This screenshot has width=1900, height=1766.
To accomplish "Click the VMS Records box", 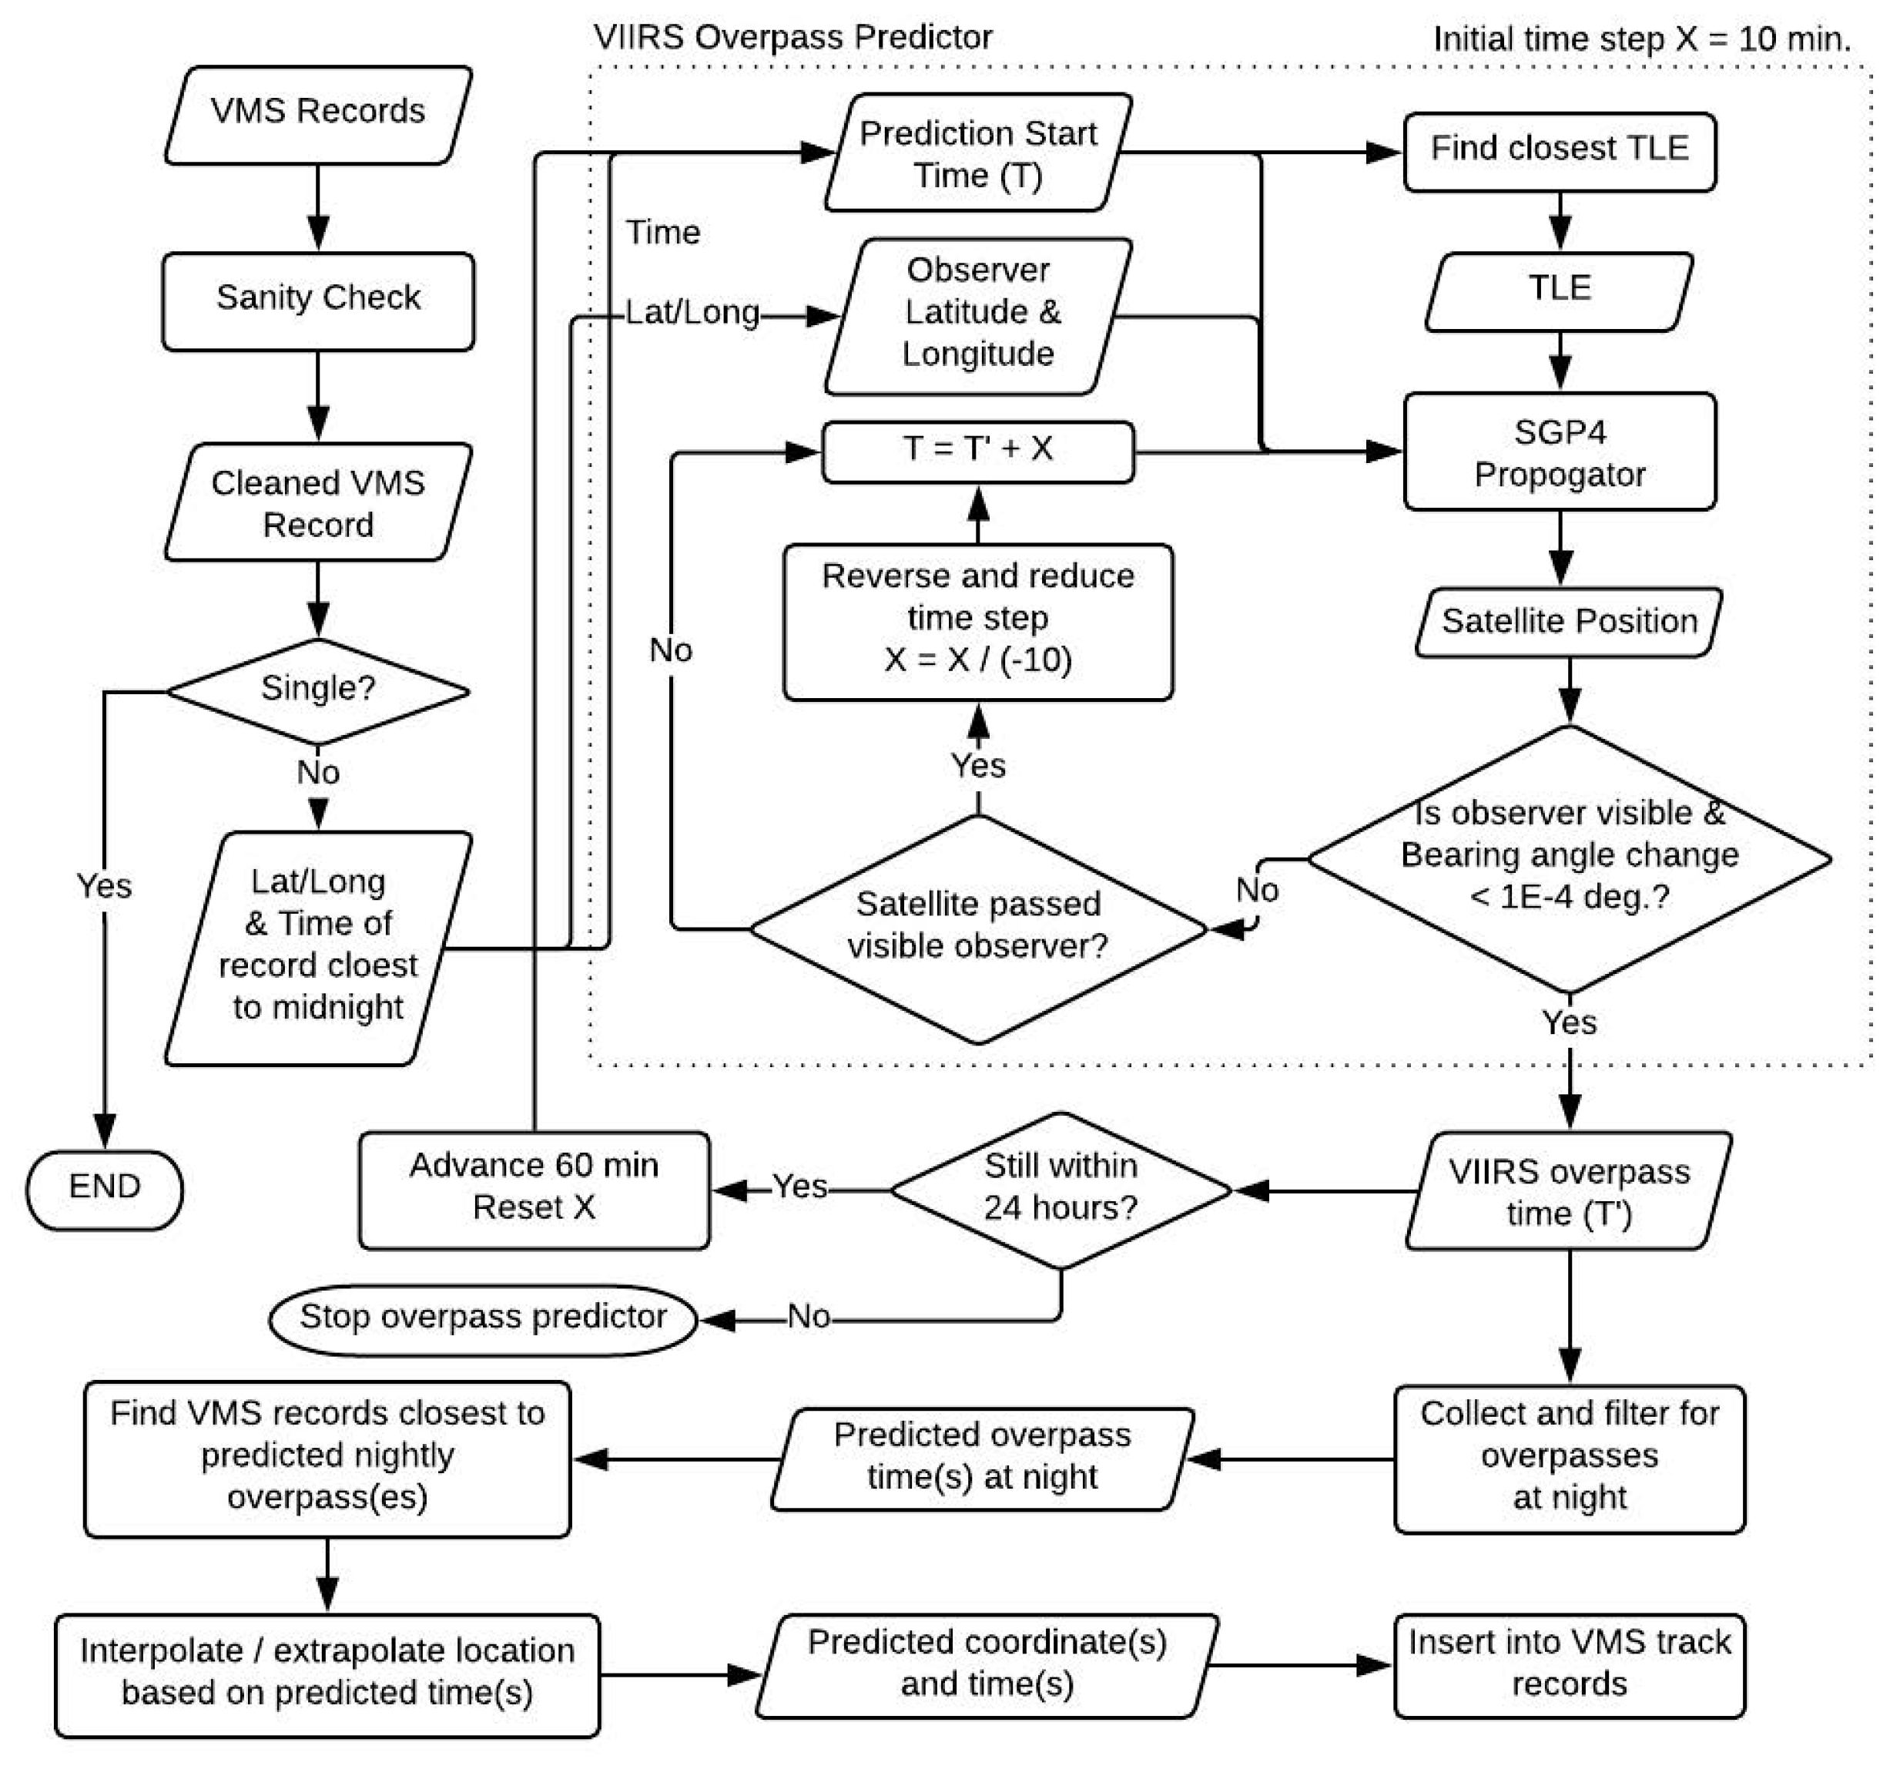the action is (x=318, y=115).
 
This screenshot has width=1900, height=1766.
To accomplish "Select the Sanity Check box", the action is (x=318, y=301).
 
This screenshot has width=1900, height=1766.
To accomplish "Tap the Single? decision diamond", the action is (x=318, y=691).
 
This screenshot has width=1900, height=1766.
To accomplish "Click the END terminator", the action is (x=104, y=1189).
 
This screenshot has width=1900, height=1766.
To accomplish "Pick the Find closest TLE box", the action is (x=1559, y=152).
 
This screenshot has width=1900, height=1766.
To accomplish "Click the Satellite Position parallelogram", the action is (x=1569, y=622).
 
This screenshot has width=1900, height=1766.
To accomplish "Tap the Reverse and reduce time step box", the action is (x=978, y=622).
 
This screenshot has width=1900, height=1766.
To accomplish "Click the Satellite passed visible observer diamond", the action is (x=978, y=928).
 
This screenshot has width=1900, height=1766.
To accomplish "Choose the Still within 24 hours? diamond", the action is (x=1061, y=1190).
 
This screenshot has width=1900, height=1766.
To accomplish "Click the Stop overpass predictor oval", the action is (x=484, y=1320).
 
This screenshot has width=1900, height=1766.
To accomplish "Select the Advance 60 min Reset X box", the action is (x=534, y=1190).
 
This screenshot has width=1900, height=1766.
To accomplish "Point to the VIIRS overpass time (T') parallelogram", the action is (x=1569, y=1190).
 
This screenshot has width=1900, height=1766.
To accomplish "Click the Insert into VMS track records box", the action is (x=1569, y=1666).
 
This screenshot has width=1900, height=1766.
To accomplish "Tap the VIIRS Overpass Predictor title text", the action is (x=793, y=37).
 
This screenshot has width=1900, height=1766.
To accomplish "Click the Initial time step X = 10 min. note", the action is (x=1642, y=39).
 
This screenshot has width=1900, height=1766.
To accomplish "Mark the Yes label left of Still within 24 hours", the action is (x=799, y=1186).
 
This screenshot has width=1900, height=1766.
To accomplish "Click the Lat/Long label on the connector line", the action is (x=692, y=313).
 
